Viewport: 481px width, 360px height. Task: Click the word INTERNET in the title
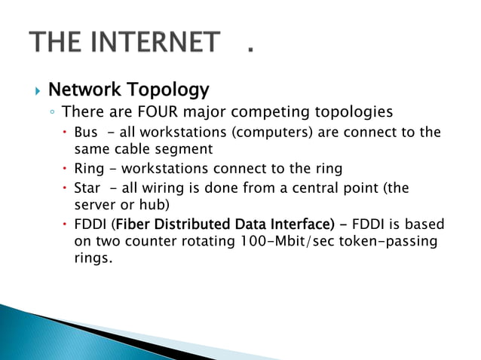154,43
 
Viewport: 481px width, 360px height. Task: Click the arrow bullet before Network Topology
35,92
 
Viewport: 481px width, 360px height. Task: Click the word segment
184,148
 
